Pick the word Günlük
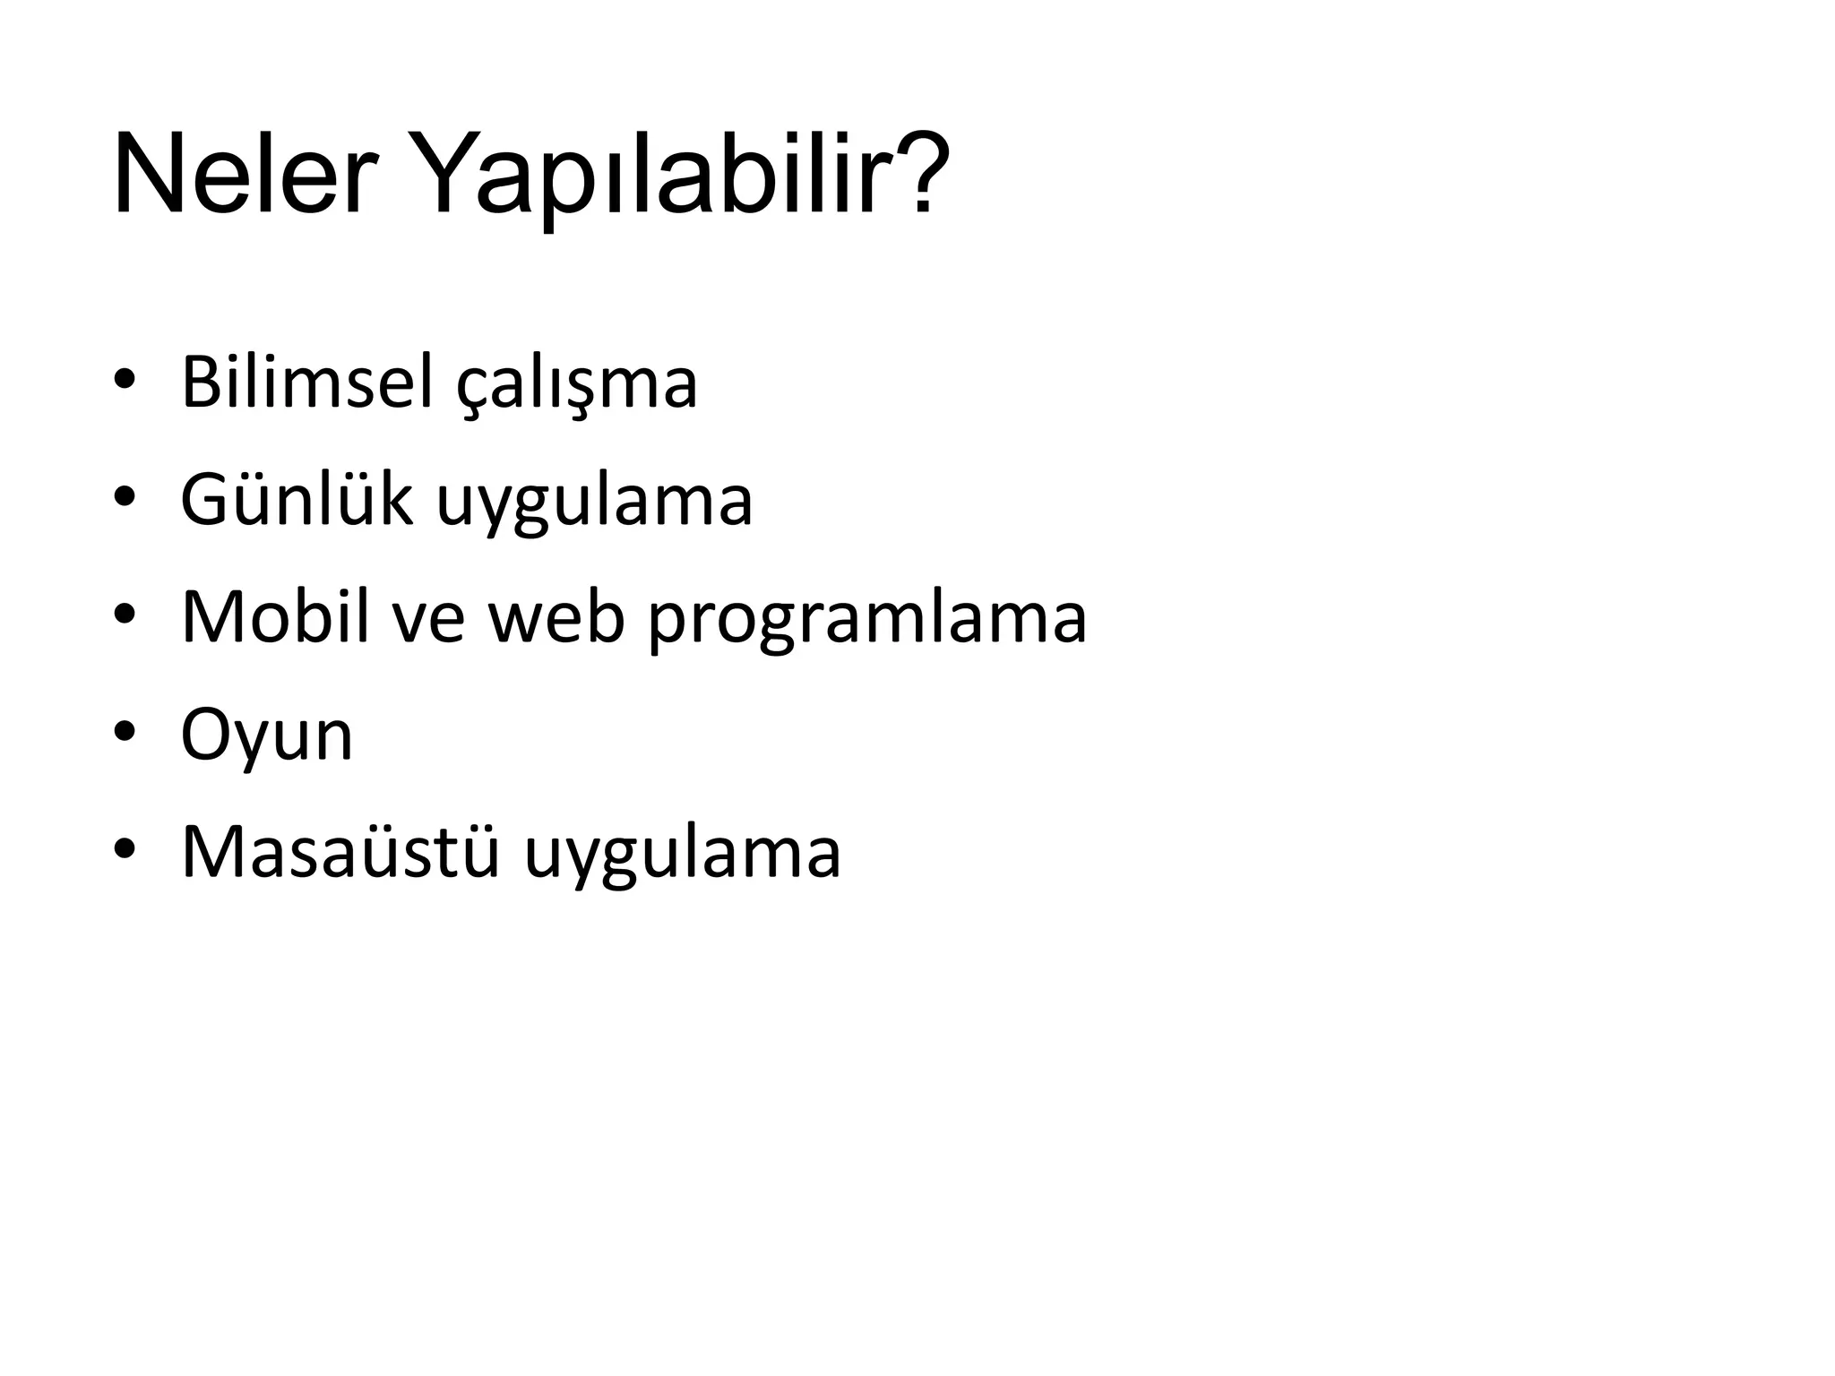[x=297, y=500]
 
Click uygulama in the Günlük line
[x=594, y=503]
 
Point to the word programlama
[x=866, y=620]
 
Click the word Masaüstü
[x=340, y=851]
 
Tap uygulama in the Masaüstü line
[x=682, y=855]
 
